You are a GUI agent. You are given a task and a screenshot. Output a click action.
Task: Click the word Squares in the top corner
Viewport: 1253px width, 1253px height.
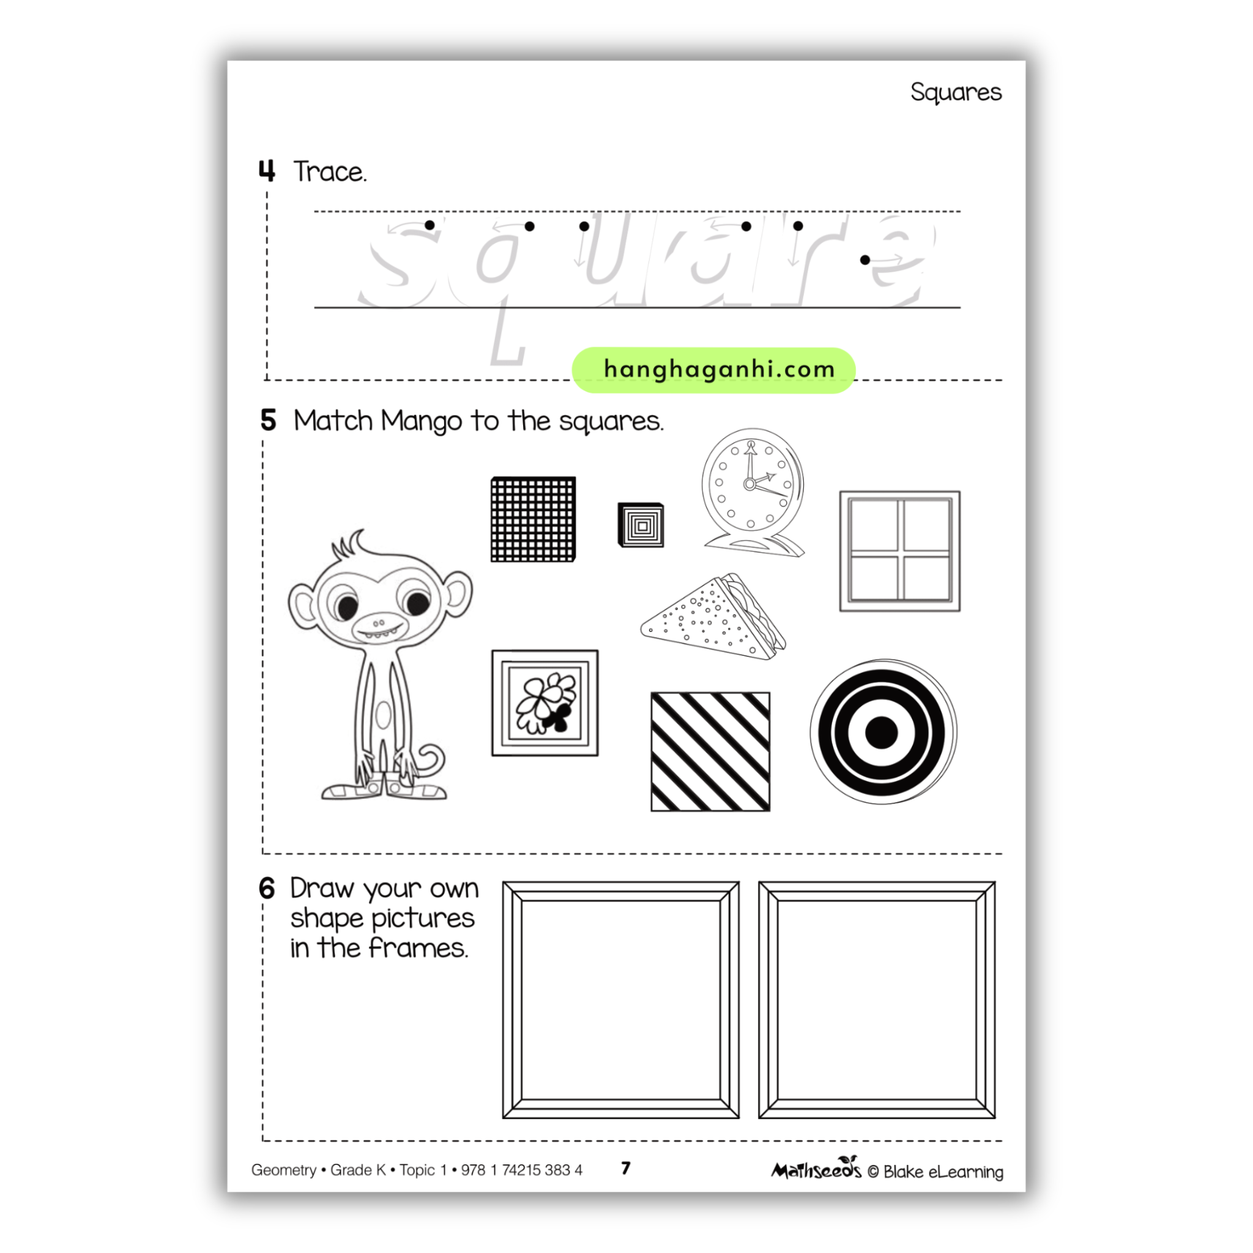point(955,92)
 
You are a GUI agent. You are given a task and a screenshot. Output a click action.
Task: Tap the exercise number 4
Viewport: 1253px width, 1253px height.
point(267,171)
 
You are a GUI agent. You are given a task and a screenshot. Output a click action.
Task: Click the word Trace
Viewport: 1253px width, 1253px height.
point(330,172)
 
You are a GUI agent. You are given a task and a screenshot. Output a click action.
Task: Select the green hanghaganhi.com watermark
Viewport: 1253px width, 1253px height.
point(713,370)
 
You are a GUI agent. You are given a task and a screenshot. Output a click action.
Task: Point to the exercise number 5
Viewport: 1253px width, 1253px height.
point(268,420)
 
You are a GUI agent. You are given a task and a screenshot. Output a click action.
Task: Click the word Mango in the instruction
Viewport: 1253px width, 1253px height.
point(422,422)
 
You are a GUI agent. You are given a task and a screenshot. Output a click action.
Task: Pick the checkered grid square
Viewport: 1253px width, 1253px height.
point(533,519)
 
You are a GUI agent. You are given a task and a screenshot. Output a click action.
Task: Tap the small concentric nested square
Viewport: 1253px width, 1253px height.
point(641,526)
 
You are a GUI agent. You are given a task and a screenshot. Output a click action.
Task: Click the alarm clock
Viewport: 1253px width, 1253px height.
point(753,493)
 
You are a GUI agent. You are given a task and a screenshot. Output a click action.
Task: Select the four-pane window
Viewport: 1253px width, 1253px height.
point(899,551)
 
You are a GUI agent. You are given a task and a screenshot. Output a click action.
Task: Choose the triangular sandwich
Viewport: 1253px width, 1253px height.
point(713,617)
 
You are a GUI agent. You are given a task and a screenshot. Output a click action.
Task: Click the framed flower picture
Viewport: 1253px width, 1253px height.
point(545,703)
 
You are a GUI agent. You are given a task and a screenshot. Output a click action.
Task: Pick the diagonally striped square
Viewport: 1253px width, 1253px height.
point(710,752)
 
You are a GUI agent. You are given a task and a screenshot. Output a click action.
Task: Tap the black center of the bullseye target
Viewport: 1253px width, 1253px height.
point(882,733)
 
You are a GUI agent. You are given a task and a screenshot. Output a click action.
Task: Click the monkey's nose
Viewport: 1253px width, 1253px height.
point(379,623)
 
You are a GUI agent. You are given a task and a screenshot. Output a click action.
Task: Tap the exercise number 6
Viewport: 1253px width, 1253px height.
point(267,888)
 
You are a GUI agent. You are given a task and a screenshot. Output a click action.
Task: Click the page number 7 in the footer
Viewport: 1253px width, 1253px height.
point(626,1168)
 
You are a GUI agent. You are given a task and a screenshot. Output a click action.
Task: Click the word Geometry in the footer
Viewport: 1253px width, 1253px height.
point(283,1170)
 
